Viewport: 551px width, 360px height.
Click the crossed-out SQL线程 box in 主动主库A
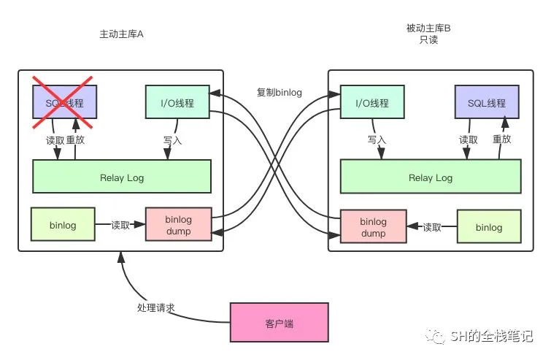pos(64,102)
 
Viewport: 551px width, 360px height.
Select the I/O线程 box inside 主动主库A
pos(178,102)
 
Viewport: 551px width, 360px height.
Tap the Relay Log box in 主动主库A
pos(122,176)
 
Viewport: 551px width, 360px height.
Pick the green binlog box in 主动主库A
pos(63,224)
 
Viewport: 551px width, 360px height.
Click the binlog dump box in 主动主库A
pos(178,226)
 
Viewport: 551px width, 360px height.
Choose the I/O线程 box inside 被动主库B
pos(372,102)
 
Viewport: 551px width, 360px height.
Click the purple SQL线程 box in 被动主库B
pos(488,102)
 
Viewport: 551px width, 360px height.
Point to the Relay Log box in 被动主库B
pos(431,177)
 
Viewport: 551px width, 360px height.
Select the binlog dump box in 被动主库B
pos(373,227)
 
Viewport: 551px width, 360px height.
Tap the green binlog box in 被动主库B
pos(489,227)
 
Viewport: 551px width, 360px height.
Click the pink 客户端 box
pos(278,322)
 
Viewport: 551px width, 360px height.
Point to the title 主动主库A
pos(122,35)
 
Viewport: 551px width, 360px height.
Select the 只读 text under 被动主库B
pos(428,40)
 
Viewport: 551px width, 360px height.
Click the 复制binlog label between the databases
pos(279,93)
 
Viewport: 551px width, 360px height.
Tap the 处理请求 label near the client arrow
pos(155,308)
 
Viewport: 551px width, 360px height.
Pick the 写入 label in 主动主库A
pos(172,139)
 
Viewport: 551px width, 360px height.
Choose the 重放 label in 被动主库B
pos(501,139)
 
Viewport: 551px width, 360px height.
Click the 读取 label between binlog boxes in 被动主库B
pos(433,227)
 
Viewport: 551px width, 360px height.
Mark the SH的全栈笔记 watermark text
pos(492,337)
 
